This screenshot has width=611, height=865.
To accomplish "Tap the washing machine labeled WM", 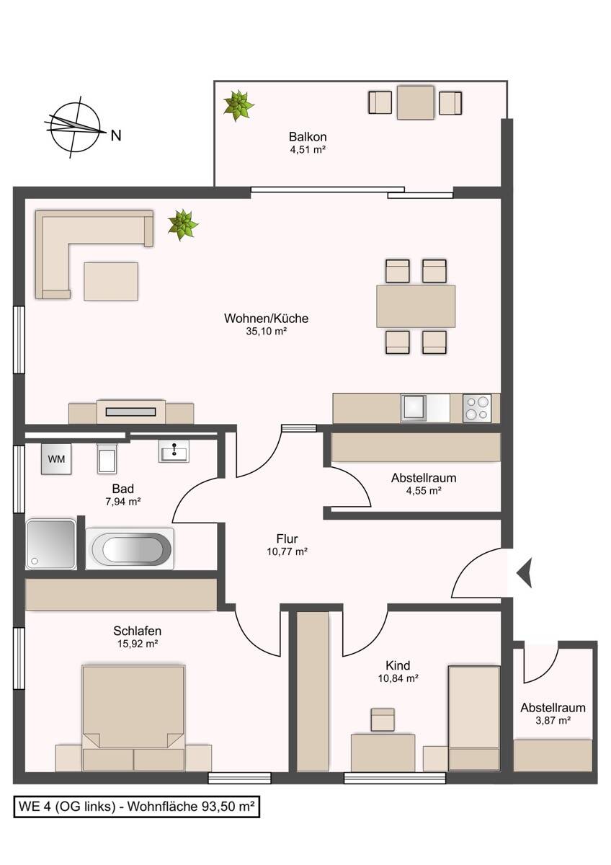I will [x=56, y=458].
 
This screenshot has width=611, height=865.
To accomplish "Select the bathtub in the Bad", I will [x=130, y=549].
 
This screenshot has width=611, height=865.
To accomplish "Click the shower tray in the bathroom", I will [x=50, y=544].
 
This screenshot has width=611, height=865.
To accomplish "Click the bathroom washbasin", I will [x=174, y=451].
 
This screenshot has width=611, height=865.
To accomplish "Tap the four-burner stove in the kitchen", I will [x=477, y=409].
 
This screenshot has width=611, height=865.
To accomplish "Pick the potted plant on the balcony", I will [x=237, y=105].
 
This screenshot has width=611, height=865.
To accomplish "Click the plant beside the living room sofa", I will [x=183, y=224].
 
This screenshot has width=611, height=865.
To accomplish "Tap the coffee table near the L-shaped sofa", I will [x=111, y=281].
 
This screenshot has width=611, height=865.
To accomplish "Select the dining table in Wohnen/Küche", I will [x=416, y=306].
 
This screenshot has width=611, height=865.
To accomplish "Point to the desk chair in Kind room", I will [x=383, y=720].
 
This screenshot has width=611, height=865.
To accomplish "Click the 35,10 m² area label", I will [x=267, y=332].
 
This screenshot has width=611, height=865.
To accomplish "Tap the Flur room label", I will [x=287, y=538].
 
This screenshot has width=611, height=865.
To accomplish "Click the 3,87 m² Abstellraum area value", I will [x=553, y=720].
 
